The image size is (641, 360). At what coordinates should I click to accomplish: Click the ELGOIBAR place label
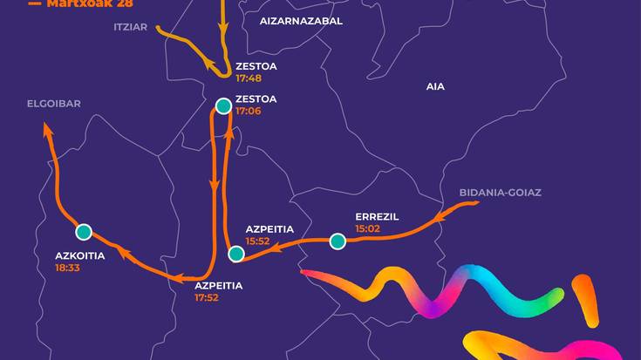coord(53,105)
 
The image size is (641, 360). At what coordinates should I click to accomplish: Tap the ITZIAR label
coord(131,27)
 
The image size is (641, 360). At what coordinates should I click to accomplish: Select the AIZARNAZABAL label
coord(301,20)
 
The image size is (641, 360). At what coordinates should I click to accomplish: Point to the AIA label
coord(434,86)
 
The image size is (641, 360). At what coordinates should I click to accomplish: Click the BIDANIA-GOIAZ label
coord(500,192)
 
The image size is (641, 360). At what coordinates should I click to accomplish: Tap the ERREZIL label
coord(377,216)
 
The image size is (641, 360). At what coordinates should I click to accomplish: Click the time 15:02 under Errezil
coord(368,228)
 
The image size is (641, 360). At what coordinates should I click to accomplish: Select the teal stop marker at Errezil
coord(338,241)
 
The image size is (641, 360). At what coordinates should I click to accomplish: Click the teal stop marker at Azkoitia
coord(84,232)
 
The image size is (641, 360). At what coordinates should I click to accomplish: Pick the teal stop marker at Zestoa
coord(222,106)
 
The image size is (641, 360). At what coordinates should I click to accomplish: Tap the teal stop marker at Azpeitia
coord(235,255)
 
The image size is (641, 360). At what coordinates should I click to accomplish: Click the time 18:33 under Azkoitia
coord(67,268)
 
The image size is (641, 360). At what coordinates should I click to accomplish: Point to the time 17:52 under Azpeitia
coord(207,297)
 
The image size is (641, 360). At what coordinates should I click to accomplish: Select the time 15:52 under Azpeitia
coord(258,241)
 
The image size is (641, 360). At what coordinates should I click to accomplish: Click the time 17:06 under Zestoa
coord(249,111)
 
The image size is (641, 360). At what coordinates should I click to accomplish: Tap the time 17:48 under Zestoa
coord(249,78)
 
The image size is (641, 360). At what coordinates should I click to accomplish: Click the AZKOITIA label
coord(80,256)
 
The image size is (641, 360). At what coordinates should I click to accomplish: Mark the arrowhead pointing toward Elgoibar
coord(47,129)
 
